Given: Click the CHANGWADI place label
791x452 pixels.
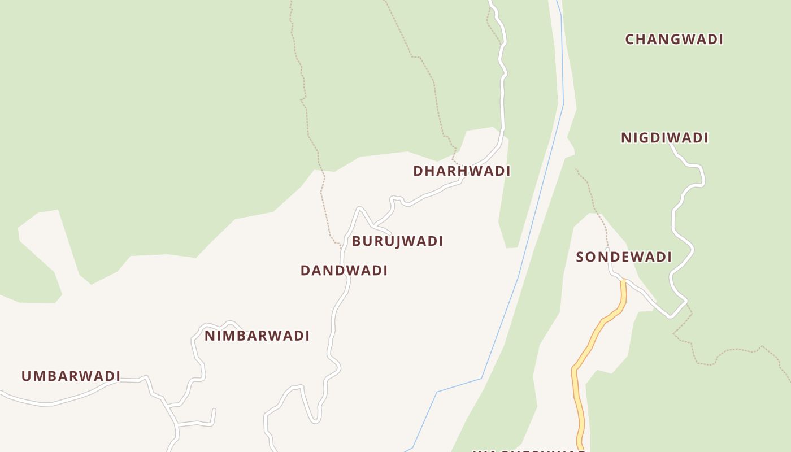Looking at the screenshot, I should click(x=674, y=40).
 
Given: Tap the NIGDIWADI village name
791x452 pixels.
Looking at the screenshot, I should click(x=664, y=138).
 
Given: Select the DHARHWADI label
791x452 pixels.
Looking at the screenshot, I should click(x=462, y=171).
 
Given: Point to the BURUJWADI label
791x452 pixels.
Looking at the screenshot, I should click(x=397, y=241).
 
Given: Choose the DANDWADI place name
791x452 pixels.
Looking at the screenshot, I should click(x=344, y=271).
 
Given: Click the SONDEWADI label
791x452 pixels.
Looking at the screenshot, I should click(x=624, y=257).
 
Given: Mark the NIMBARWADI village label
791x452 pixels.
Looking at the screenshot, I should click(x=257, y=336).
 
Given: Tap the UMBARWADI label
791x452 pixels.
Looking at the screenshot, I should click(x=71, y=376).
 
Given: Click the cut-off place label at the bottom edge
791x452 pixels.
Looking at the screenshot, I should click(x=528, y=450).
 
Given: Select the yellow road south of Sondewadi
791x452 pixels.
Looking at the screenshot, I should click(x=588, y=345).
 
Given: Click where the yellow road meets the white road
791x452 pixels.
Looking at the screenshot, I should click(x=623, y=281).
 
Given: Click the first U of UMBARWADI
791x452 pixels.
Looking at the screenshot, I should click(x=25, y=376).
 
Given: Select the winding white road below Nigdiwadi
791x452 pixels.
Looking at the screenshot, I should click(x=676, y=226).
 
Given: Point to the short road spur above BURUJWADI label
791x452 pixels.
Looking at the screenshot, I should click(x=382, y=229).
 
